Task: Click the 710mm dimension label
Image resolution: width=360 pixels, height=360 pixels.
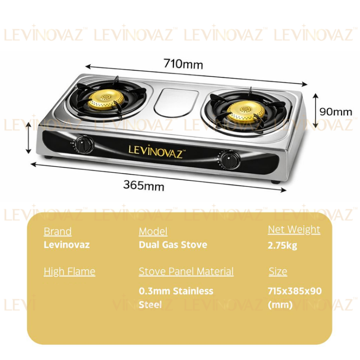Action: (x=183, y=64)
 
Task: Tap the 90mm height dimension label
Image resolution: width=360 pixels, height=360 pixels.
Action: (x=335, y=112)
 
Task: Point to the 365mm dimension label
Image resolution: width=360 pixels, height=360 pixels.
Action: (x=143, y=185)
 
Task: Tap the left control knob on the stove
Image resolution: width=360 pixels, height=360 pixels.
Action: (x=85, y=144)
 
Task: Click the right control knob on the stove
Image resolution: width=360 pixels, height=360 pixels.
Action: (x=230, y=160)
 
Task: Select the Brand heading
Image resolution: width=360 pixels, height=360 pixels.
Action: (x=58, y=232)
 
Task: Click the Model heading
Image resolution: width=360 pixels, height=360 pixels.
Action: (x=153, y=232)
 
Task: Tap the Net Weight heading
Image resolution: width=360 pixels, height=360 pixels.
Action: (x=294, y=230)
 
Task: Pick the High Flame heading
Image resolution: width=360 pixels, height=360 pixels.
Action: (x=70, y=271)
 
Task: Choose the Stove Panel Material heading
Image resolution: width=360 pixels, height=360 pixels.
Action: (x=186, y=271)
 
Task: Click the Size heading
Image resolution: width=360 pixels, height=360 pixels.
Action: (x=278, y=271)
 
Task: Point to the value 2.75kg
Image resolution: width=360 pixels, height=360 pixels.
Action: (x=282, y=245)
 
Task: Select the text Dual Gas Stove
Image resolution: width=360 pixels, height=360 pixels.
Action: (x=173, y=245)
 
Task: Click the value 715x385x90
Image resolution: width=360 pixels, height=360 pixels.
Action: (x=295, y=291)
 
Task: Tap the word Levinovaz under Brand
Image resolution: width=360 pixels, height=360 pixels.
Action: (x=67, y=245)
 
